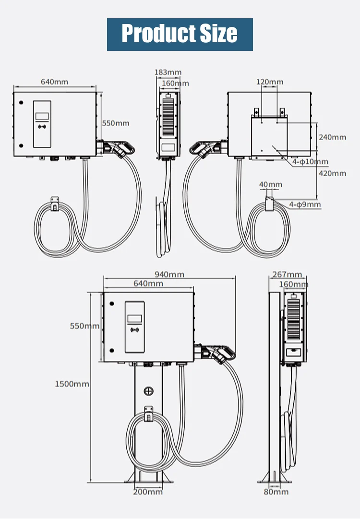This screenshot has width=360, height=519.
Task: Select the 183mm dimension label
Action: click(168, 72)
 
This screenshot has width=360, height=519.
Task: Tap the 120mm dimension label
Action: click(269, 82)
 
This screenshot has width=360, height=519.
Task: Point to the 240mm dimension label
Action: click(332, 137)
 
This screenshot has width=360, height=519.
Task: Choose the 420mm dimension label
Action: click(332, 173)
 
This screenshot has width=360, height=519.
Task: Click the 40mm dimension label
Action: click(271, 184)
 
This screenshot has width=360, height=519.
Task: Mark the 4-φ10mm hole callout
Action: click(311, 162)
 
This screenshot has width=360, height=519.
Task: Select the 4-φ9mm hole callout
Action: click(305, 205)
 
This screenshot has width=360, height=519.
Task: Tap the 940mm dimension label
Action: click(169, 275)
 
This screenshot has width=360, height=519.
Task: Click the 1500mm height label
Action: click(72, 384)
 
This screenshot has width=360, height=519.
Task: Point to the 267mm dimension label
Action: click(287, 275)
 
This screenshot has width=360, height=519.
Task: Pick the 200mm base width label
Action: click(148, 492)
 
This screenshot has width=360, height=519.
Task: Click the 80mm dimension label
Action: click(276, 492)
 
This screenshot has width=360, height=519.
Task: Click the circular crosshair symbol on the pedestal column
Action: click(148, 391)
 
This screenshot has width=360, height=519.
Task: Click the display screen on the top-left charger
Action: click(42, 117)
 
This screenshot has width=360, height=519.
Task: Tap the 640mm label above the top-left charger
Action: click(54, 82)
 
